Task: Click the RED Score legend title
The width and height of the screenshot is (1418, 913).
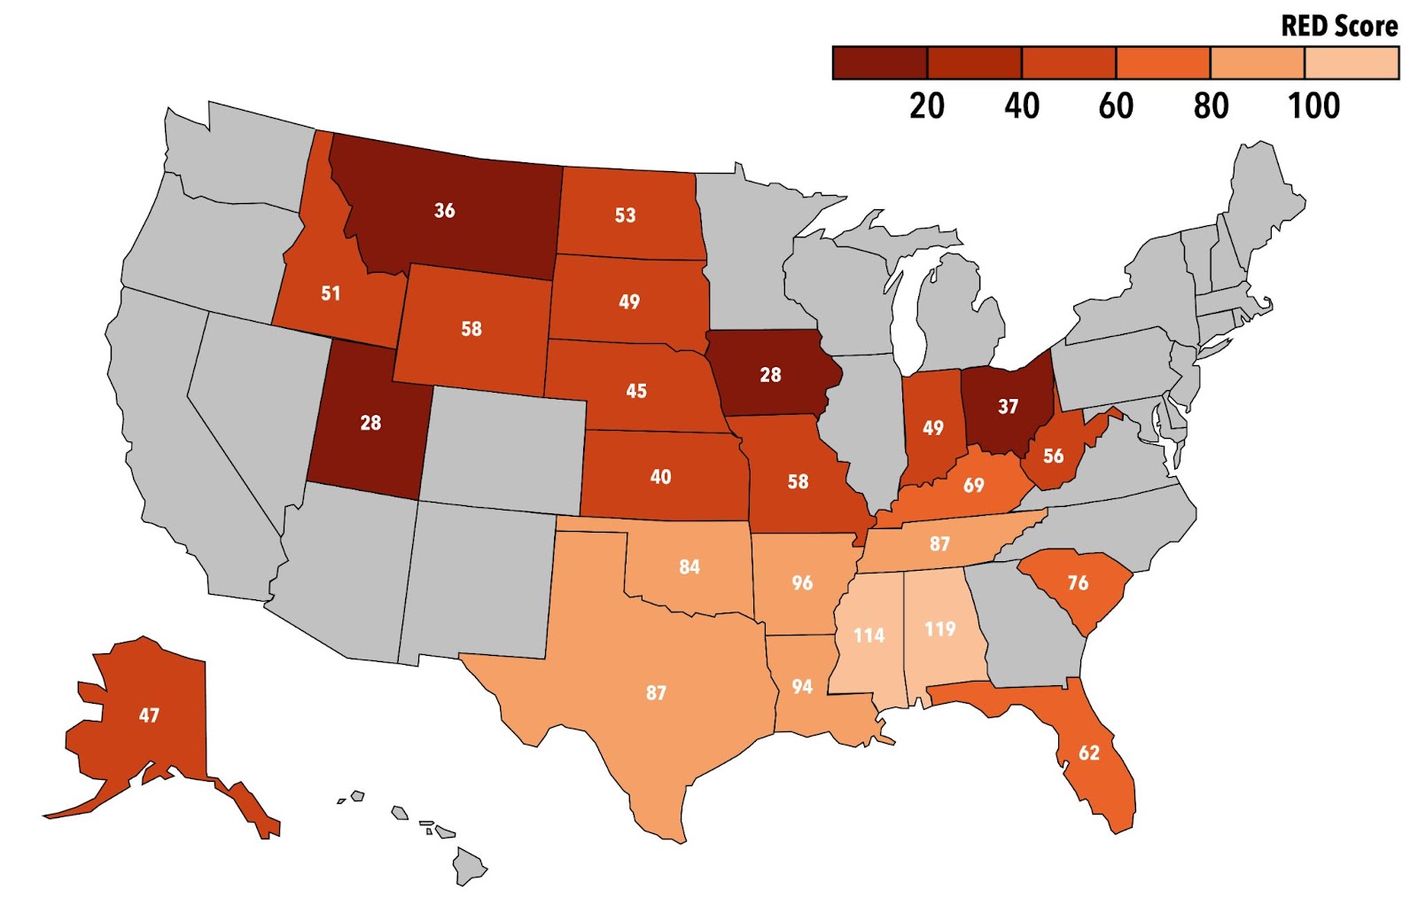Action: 1339,26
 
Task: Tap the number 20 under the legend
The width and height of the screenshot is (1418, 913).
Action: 927,106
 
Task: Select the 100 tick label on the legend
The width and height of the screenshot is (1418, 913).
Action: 1313,106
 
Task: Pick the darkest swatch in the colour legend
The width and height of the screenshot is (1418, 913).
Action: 879,63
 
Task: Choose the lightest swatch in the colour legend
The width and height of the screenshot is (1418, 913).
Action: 1352,63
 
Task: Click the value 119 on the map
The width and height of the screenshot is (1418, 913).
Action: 940,628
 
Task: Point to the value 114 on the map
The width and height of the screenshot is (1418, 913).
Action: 869,635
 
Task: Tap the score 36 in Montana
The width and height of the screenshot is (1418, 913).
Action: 444,210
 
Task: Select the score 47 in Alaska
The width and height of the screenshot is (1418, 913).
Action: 149,714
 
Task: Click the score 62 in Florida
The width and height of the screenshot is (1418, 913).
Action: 1088,753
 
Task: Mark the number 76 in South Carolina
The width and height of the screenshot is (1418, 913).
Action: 1078,582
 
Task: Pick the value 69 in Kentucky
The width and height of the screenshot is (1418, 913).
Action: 973,485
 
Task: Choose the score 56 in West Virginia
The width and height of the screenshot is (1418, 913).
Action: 1053,456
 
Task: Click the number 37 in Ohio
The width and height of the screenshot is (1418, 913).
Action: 1008,406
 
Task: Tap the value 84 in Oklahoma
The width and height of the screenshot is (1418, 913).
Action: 690,566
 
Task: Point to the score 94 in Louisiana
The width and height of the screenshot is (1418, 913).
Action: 802,686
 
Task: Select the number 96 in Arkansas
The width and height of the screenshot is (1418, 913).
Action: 802,582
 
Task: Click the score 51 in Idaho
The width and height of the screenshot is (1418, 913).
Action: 331,293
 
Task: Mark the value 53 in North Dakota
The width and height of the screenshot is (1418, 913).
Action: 625,215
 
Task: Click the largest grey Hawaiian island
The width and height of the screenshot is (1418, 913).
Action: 469,865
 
